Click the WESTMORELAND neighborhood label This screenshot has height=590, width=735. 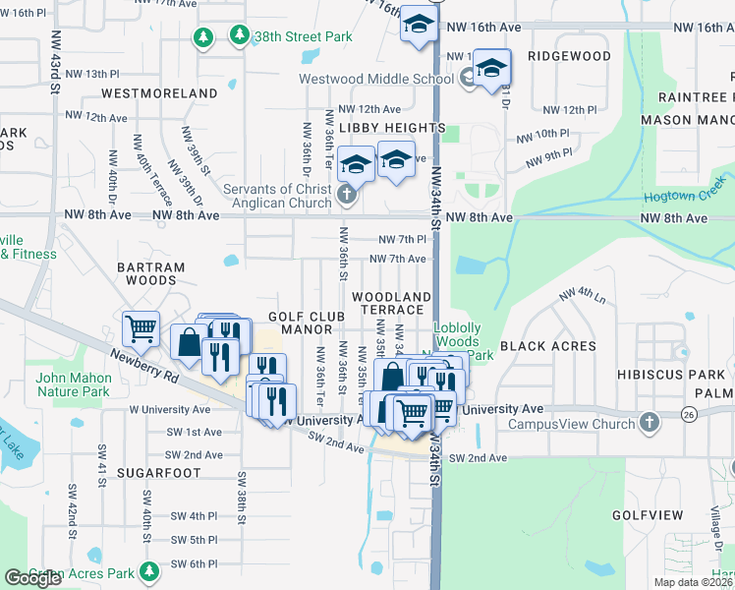point(158,93)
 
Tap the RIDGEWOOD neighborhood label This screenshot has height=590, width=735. point(569,57)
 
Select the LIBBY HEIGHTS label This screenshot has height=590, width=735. point(392,128)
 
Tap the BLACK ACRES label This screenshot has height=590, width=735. point(548,346)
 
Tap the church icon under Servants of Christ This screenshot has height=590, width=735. point(346,195)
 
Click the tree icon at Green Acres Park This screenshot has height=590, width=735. point(149,571)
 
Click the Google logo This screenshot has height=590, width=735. point(32,578)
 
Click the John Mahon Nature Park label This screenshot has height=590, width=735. point(72,384)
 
